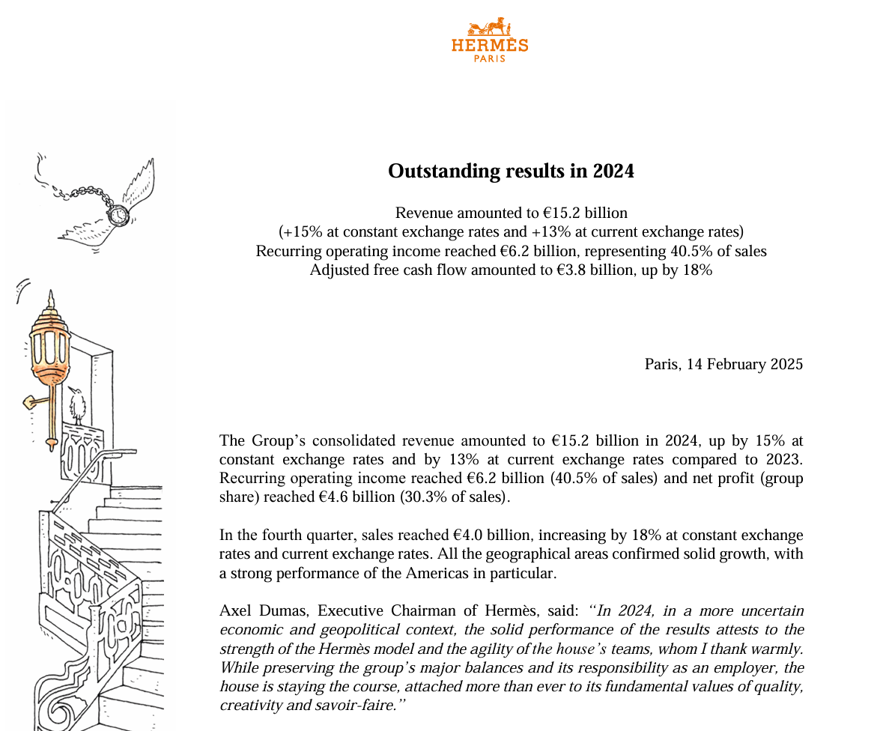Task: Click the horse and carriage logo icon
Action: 489,29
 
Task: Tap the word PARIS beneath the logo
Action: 489,58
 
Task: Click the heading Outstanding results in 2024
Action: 511,172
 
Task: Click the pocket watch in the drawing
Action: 118,215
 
